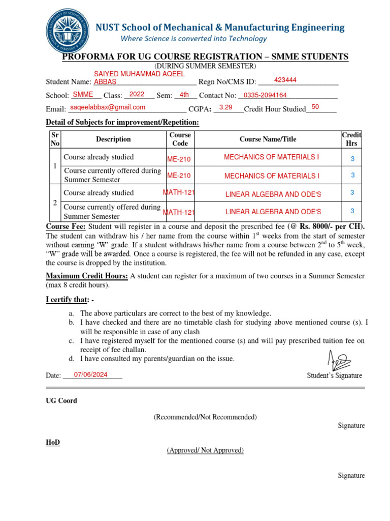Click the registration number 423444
pos(285,80)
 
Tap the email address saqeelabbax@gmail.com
pos(108,107)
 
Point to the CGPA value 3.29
pos(225,107)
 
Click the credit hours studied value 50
pos(315,107)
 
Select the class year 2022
pos(137,94)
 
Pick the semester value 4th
pos(184,94)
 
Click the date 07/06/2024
pos(91,374)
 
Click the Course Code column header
pos(180,139)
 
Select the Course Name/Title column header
pos(268,139)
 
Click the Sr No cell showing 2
pos(55,202)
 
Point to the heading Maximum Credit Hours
pos(87,276)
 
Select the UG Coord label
pos(61,401)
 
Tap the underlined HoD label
pos(53,443)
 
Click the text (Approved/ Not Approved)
pos(205,450)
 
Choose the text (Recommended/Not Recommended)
pos(205,417)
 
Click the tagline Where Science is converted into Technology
pos(193,39)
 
